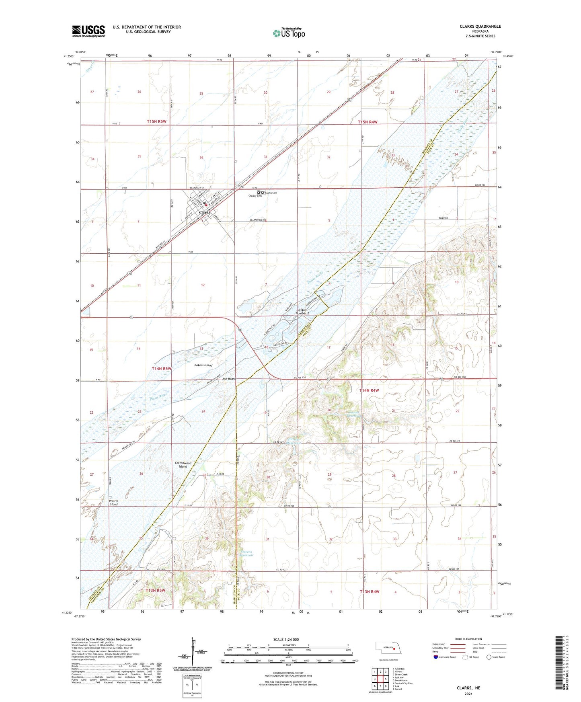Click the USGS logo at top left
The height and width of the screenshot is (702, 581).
[x=88, y=31]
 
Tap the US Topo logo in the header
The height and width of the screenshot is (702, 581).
[x=289, y=33]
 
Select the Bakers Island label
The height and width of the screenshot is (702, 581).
[x=203, y=365]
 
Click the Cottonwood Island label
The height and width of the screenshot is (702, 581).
[x=183, y=465]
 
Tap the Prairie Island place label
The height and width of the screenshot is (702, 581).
[x=113, y=503]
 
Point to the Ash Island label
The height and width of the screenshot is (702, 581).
[x=229, y=379]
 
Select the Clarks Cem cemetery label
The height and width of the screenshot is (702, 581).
[x=271, y=193]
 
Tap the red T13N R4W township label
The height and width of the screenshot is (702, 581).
[x=369, y=591]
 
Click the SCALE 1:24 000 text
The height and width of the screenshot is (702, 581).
[x=286, y=639]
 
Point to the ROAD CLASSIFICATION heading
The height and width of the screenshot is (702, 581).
[x=468, y=639]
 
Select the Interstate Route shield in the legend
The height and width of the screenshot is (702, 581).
[x=436, y=657]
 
